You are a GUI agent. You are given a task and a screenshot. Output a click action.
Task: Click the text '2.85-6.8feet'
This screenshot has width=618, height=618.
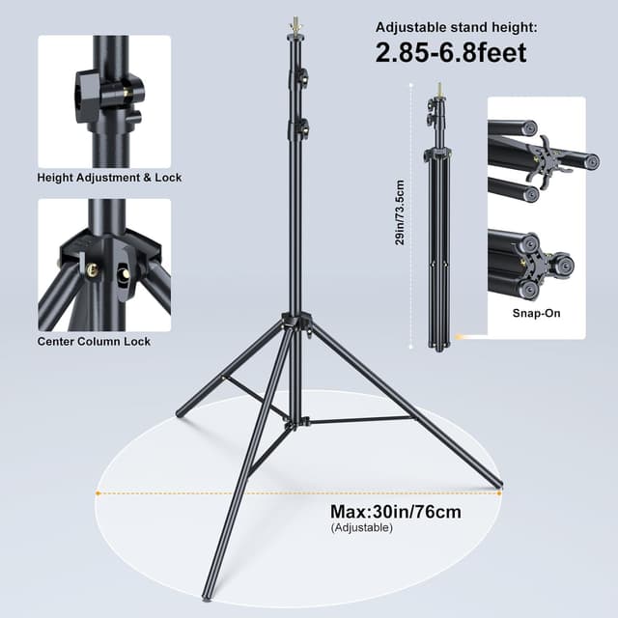click(451, 52)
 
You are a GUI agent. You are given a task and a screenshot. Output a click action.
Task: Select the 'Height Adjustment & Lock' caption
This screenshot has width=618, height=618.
click(109, 178)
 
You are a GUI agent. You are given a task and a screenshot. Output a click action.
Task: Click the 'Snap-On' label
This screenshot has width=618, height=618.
click(536, 313)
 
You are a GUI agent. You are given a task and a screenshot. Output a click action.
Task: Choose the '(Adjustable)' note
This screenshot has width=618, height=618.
click(361, 528)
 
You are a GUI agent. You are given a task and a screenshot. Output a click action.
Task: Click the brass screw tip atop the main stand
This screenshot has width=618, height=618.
click(295, 22)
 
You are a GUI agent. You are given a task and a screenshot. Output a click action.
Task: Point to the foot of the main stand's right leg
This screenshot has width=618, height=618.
click(498, 485)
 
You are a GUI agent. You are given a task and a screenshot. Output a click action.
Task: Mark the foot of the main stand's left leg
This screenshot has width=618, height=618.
click(180, 413)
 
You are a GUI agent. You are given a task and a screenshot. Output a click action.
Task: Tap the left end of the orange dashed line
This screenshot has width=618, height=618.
click(98, 492)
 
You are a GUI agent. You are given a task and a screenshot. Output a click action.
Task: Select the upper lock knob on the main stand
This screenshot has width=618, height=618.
click(302, 75)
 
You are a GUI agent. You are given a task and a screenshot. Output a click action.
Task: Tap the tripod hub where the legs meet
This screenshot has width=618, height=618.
click(296, 323)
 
